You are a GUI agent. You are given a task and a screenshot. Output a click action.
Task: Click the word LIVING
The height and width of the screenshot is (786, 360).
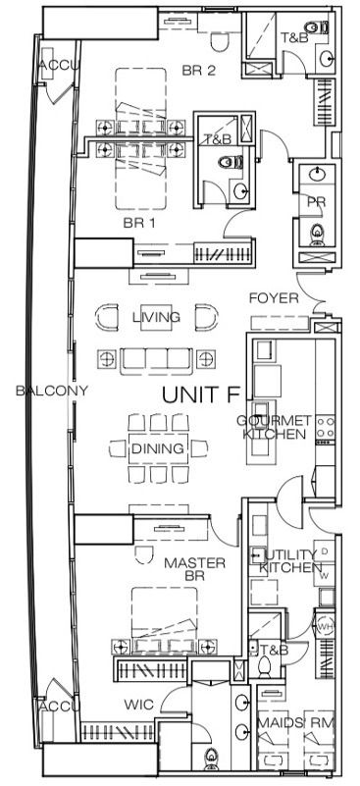click(x=156, y=317)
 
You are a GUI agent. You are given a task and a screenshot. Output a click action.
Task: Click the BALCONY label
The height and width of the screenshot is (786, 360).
click(x=52, y=391)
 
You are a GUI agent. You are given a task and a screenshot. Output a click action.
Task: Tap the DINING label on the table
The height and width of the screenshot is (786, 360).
click(x=157, y=448)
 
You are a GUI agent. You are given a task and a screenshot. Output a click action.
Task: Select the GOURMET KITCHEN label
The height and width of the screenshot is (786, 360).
click(x=276, y=427)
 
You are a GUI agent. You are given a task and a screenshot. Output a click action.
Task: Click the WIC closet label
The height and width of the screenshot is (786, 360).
click(x=137, y=705)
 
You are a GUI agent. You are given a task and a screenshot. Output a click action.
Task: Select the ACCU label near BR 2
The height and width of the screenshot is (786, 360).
click(x=53, y=66)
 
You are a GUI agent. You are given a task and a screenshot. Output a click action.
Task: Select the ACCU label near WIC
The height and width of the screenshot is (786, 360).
click(x=53, y=707)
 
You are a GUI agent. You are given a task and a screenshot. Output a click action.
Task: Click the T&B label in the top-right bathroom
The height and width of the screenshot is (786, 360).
click(x=293, y=38)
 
